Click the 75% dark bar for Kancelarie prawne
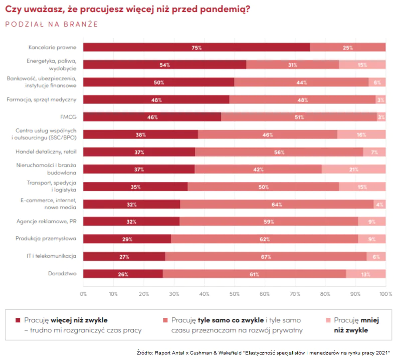pyautogui.click(x=196, y=48)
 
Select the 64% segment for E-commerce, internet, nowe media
pyautogui.click(x=277, y=204)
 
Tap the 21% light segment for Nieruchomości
pyautogui.click(x=353, y=169)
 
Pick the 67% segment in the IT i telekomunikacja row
pyautogui.click(x=266, y=256)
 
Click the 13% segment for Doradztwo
pyautogui.click(x=365, y=274)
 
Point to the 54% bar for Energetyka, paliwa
pyautogui.click(x=164, y=65)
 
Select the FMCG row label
pyautogui.click(x=69, y=117)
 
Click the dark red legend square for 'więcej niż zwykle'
pyautogui.click(x=18, y=319)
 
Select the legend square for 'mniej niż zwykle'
pyautogui.click(x=328, y=319)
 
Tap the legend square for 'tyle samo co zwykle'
pyautogui.click(x=165, y=319)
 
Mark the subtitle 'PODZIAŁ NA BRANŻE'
pyautogui.click(x=52, y=23)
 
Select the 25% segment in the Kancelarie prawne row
pyautogui.click(x=347, y=48)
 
